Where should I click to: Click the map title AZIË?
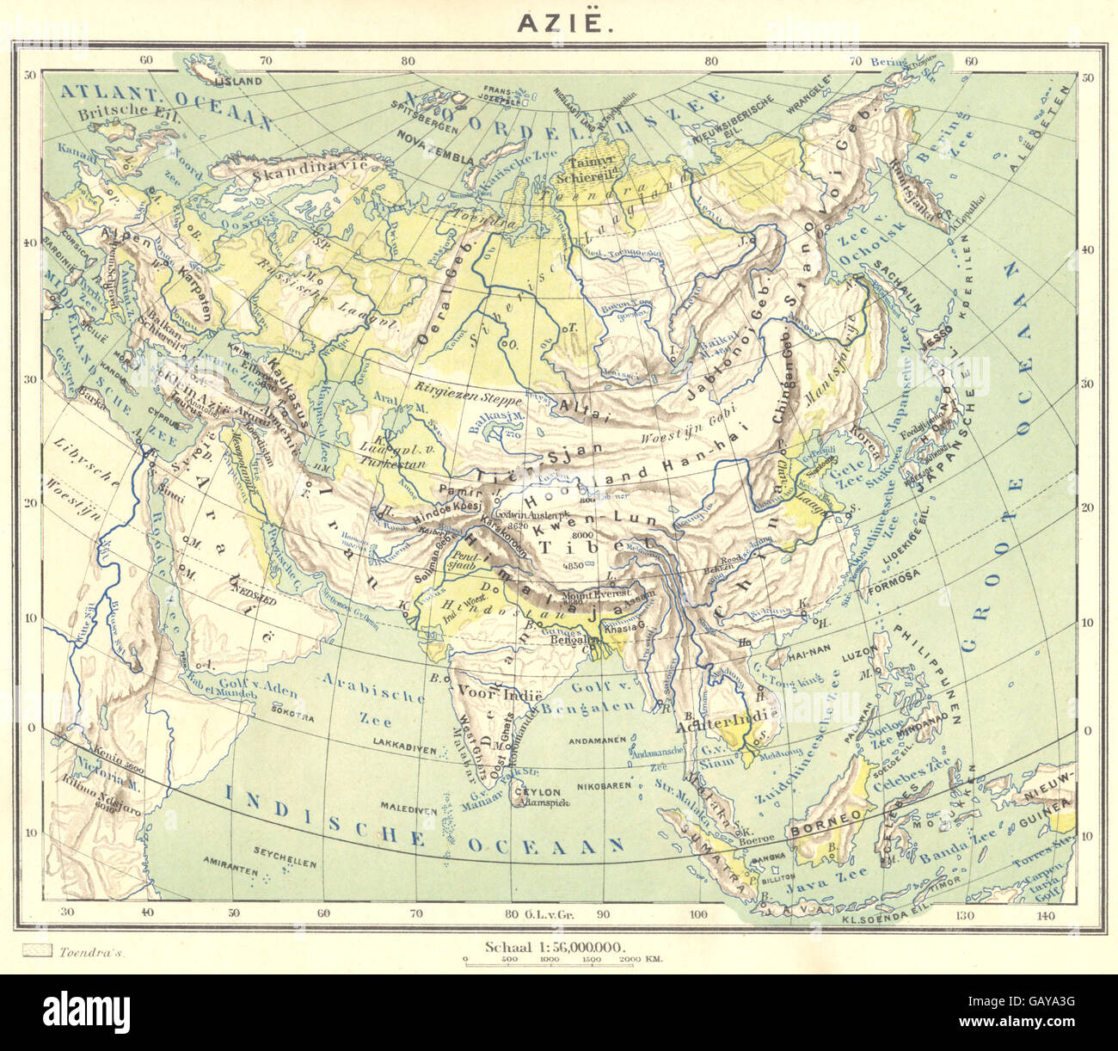click(x=565, y=22)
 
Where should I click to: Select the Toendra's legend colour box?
click(x=34, y=951)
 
